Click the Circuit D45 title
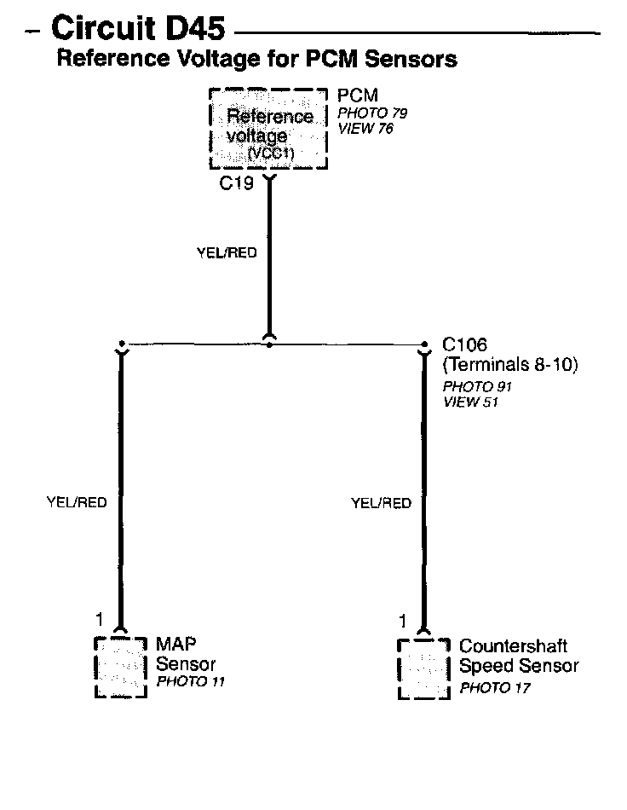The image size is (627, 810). point(138,29)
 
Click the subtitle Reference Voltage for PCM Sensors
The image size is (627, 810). point(256,59)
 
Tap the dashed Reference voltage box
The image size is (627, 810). point(267,128)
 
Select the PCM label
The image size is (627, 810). point(358,95)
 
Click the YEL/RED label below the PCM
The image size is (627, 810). point(227,253)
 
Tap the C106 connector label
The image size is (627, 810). point(464,345)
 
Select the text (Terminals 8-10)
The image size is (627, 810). point(510,366)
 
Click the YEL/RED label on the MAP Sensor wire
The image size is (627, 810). point(77,503)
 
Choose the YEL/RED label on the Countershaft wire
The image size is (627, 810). point(381,503)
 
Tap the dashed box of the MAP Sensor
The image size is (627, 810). point(121,668)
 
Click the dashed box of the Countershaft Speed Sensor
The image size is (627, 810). point(424,668)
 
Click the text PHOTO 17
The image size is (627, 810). point(495,687)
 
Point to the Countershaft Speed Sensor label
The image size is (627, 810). point(518,657)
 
